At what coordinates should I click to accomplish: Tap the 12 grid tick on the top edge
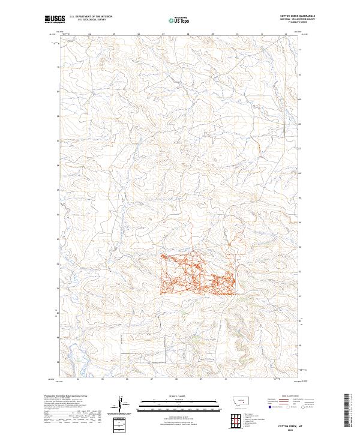[x=286, y=35]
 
